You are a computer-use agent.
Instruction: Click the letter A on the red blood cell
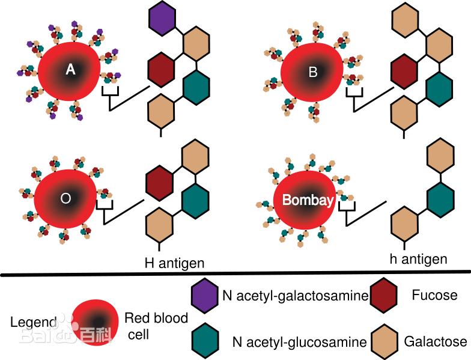70,70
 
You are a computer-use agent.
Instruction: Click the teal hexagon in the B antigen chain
439,88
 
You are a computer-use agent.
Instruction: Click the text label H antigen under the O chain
175,263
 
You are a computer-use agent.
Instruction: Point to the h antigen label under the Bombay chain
418,259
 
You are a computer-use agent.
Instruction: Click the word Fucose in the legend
435,295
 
